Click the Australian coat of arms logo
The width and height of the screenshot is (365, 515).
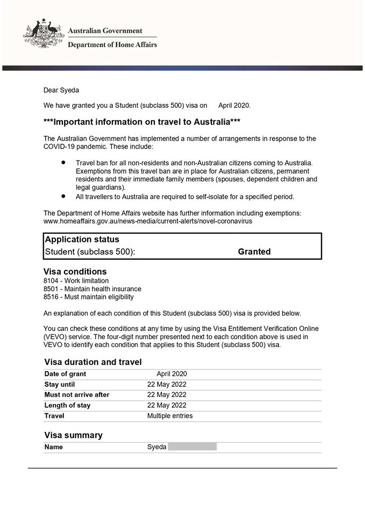[x=44, y=35]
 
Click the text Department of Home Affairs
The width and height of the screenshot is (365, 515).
[x=112, y=45]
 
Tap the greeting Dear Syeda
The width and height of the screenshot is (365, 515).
[x=61, y=90]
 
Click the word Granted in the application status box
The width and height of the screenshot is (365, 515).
[x=254, y=252]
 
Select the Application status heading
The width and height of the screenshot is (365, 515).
[x=82, y=239]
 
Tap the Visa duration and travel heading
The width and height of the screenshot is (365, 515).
[x=92, y=362]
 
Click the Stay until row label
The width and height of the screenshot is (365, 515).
[x=60, y=385]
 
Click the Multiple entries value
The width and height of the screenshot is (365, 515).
[x=170, y=416]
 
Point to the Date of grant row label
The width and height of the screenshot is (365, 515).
[x=65, y=374]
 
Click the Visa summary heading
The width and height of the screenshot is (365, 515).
[x=73, y=435]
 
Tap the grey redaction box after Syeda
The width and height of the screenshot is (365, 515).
[x=192, y=447]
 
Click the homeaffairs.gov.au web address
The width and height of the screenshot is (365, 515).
[x=148, y=220]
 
